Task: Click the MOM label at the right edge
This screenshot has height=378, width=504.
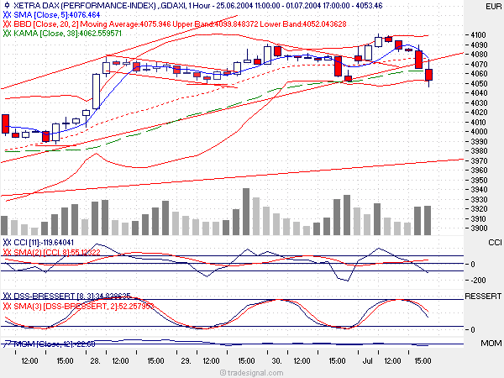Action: tap(490, 344)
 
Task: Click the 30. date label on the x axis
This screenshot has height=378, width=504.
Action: tap(276, 360)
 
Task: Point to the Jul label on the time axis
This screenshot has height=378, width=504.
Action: tap(366, 360)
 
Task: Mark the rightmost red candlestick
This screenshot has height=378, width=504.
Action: tap(429, 75)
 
